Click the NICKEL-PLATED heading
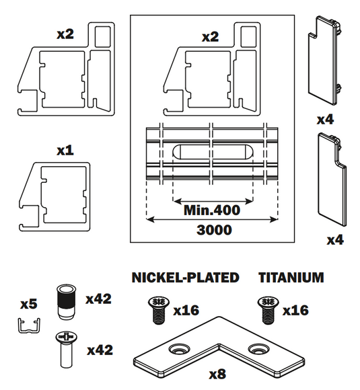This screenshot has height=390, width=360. click(x=185, y=277)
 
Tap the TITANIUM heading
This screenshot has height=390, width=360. click(x=291, y=277)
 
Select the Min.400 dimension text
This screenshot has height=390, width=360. click(x=212, y=210)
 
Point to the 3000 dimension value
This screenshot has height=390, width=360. click(x=214, y=230)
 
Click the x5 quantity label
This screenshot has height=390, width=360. click(x=29, y=304)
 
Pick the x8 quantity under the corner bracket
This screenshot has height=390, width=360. click(x=217, y=374)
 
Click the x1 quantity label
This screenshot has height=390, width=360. click(x=65, y=150)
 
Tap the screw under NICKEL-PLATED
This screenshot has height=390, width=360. click(x=159, y=310)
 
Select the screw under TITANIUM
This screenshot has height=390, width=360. click(x=268, y=310)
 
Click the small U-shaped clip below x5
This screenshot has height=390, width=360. click(x=29, y=326)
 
